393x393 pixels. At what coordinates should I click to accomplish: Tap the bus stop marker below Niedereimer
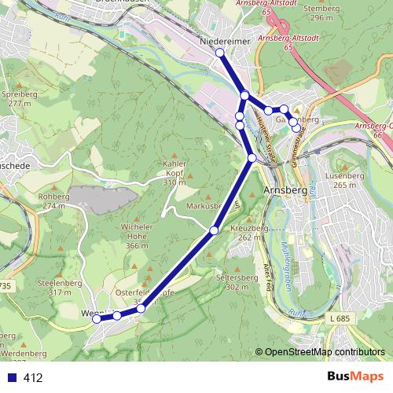220,53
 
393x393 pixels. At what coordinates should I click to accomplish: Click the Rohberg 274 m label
53,200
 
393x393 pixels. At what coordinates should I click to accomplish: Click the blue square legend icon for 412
12,377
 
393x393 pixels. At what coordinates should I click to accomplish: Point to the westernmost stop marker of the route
97,319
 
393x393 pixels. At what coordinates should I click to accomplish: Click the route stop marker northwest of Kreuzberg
214,230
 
